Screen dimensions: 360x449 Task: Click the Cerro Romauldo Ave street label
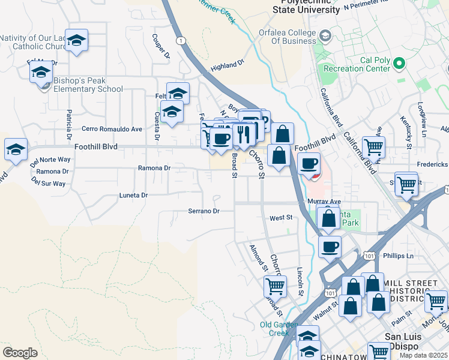tap(112, 129)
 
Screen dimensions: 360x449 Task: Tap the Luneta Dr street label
tap(134, 195)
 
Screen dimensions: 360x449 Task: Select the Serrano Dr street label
tap(204, 211)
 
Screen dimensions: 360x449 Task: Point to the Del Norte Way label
tap(50, 160)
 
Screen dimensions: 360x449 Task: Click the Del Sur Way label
tap(50, 184)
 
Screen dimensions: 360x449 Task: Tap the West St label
tap(280, 218)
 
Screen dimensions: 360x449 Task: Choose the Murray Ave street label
tap(324, 202)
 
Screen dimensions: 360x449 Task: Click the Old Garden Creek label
tap(279, 329)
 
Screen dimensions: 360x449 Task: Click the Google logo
tap(20, 352)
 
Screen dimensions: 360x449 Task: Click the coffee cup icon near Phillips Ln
tap(329, 247)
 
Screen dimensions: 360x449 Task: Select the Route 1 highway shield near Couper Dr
tap(181, 40)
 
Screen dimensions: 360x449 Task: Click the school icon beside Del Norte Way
tap(16, 149)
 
